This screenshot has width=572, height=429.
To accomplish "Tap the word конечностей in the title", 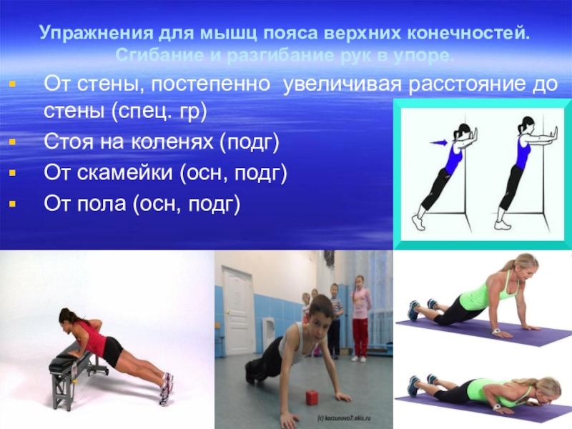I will point(472,34).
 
